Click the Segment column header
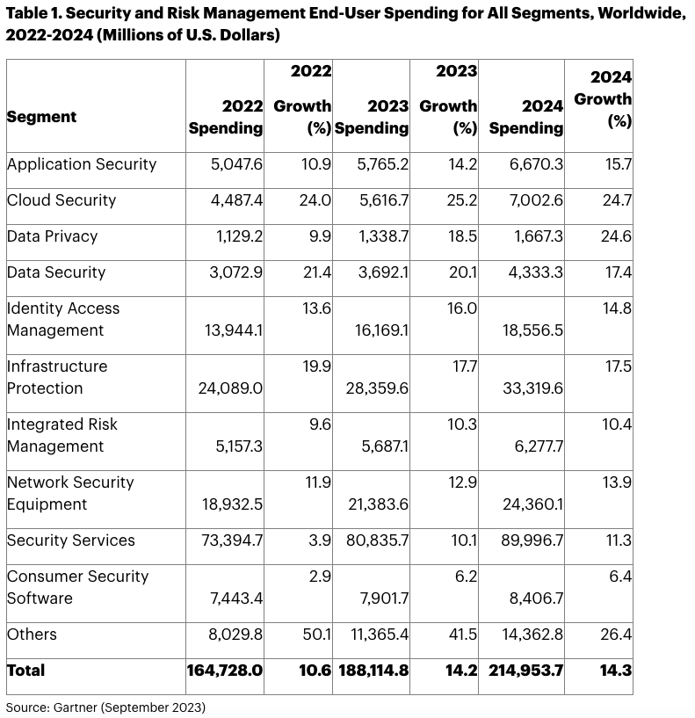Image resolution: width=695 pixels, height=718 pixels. [41, 117]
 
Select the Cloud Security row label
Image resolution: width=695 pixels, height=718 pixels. [62, 200]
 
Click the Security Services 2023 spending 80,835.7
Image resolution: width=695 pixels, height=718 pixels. [378, 540]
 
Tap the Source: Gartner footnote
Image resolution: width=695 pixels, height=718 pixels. [105, 707]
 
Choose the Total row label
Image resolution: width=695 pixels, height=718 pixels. [25, 671]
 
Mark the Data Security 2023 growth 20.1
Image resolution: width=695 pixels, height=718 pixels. [462, 272]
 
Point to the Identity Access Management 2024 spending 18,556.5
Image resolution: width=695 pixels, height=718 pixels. [532, 330]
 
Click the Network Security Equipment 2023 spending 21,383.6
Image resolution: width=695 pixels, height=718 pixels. [377, 504]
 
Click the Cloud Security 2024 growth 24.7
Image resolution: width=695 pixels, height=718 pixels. [619, 200]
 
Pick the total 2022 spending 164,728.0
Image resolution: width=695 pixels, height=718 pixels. [225, 671]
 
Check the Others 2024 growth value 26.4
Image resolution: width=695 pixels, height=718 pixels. [619, 635]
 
